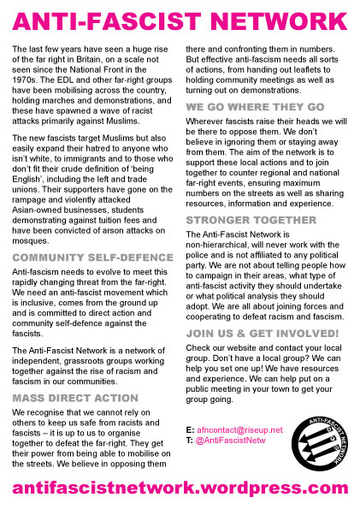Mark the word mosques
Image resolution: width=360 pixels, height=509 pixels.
(32, 240)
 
